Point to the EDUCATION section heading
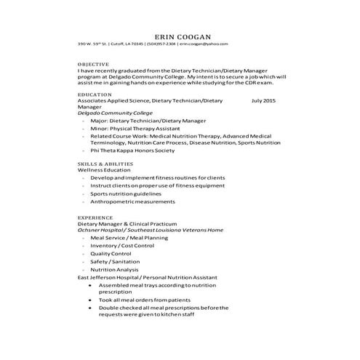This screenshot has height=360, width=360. [x=95, y=94]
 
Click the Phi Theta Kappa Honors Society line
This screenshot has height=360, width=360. [x=133, y=151]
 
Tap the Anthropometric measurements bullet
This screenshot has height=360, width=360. [x=135, y=203]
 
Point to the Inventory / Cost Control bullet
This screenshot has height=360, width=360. [x=122, y=246]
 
